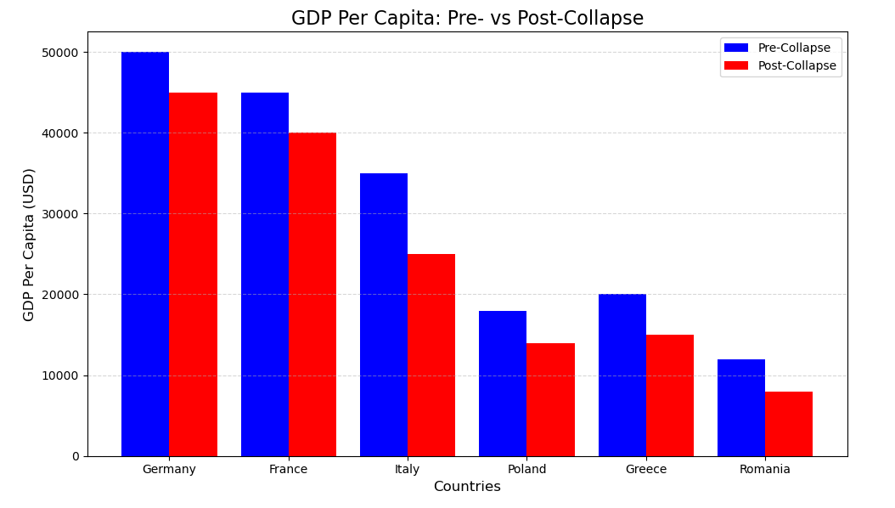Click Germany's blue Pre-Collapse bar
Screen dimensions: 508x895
click(145, 254)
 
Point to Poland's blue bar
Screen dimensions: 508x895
click(503, 383)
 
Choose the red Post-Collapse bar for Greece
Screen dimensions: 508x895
click(670, 395)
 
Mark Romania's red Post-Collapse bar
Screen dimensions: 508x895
click(789, 424)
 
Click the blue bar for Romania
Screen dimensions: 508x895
click(741, 408)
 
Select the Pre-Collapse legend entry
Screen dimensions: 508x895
click(793, 48)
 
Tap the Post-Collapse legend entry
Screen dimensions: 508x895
click(796, 66)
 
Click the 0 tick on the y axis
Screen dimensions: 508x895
click(76, 456)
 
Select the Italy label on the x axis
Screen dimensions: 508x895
click(408, 470)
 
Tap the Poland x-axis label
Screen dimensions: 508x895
click(526, 470)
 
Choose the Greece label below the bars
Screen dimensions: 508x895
click(646, 470)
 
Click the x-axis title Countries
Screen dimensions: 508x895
click(467, 488)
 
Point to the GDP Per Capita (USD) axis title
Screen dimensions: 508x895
click(30, 245)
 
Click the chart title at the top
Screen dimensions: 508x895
click(467, 19)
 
